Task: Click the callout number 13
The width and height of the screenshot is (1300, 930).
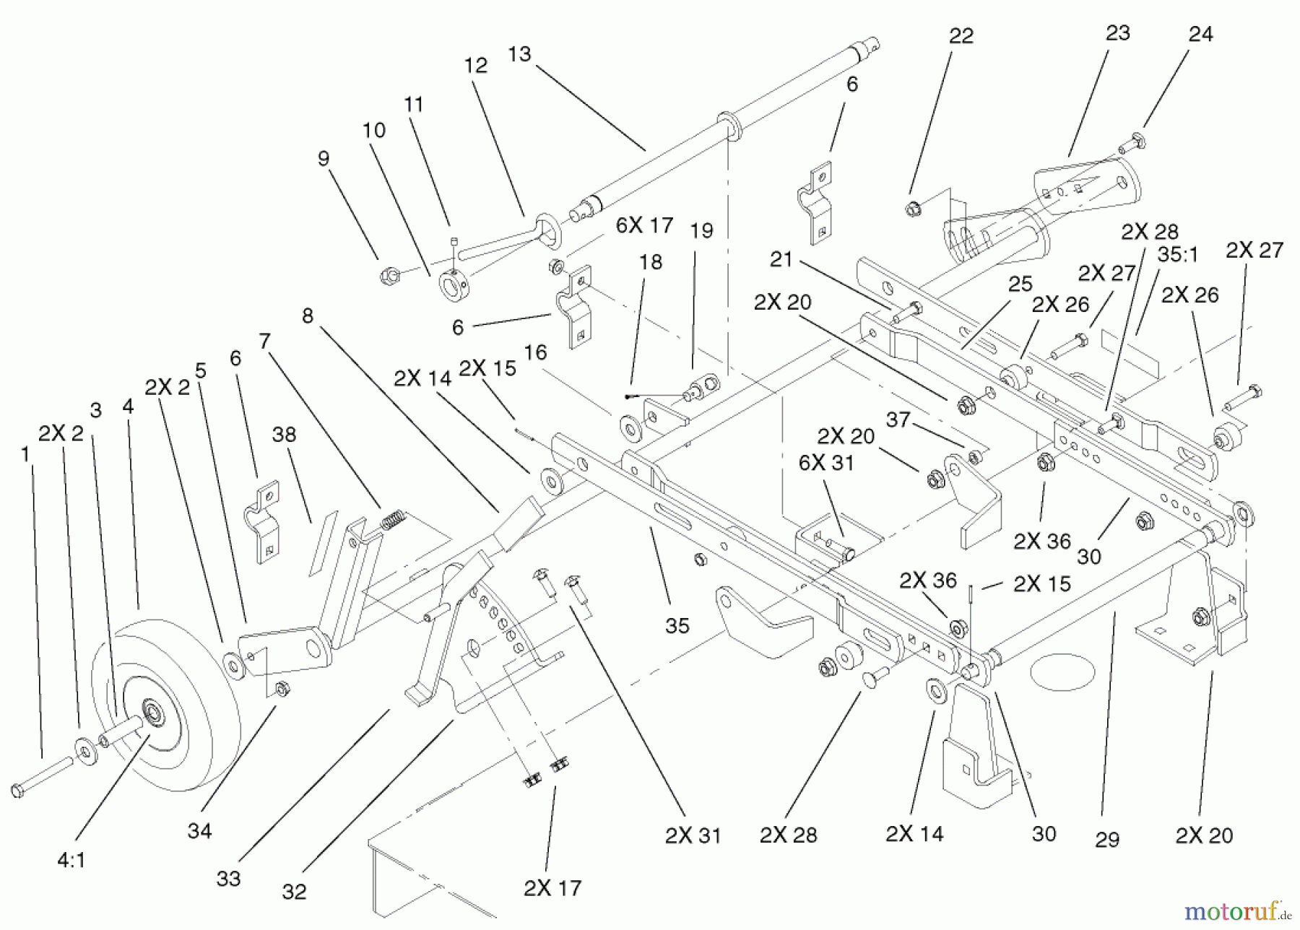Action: point(519,54)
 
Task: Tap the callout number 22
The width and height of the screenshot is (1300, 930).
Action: point(961,36)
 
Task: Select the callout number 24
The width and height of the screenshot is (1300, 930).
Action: point(1200,34)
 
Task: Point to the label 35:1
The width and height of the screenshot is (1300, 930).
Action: point(1178,256)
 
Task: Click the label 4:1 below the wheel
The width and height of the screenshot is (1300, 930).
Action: point(71,861)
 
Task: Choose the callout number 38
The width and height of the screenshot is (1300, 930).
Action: point(284,435)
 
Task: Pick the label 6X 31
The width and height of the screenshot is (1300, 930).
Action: point(826,462)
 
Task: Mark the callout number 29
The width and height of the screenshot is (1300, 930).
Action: point(1106,839)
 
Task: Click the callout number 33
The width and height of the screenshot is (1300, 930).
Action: point(228,879)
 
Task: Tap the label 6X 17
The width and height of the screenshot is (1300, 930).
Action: point(644,225)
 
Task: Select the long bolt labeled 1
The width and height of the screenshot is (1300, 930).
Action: point(42,775)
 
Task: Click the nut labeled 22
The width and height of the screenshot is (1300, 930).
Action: point(912,210)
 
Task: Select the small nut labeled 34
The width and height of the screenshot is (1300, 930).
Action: point(283,688)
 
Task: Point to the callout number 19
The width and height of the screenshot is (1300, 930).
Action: point(701,230)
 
